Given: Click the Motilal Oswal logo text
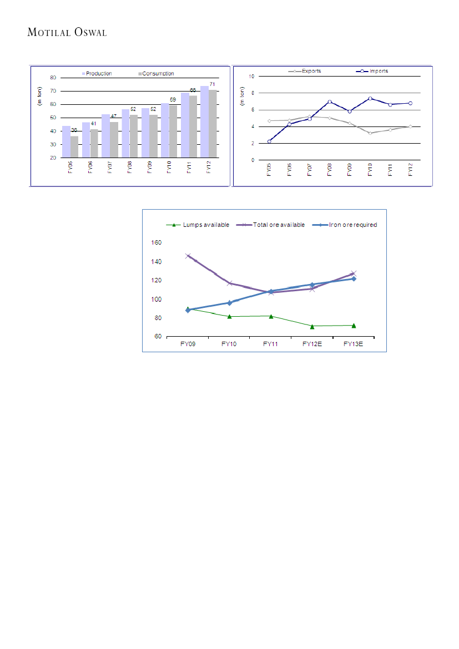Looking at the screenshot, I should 67,33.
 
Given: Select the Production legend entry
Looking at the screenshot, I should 98,73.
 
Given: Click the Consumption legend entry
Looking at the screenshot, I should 157,73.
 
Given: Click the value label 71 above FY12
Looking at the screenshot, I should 213,84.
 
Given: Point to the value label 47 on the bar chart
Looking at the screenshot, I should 113,116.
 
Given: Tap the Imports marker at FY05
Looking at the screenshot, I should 269,141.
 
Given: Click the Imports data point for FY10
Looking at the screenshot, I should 370,98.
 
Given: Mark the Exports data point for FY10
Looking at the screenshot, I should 370,133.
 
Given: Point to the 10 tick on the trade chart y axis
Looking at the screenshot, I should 251,76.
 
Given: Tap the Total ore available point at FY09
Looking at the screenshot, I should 188,256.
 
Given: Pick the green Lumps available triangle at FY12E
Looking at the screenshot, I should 312,326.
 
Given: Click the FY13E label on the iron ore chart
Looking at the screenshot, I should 352,344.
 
